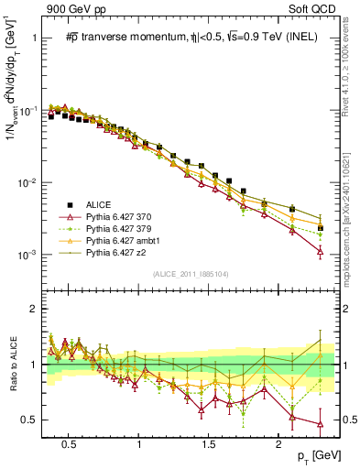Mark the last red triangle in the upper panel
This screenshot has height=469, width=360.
320,250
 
